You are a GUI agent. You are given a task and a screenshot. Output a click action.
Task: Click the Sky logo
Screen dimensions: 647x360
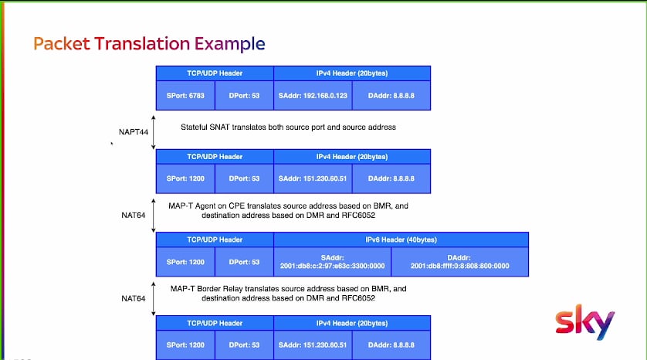pyautogui.click(x=584, y=322)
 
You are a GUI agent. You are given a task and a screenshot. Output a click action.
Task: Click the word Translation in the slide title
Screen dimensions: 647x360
pyautogui.click(x=142, y=43)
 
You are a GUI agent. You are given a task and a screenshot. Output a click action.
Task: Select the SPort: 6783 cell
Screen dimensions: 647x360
pyautogui.click(x=185, y=95)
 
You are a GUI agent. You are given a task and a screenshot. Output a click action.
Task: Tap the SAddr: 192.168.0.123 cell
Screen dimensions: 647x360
pyautogui.click(x=313, y=95)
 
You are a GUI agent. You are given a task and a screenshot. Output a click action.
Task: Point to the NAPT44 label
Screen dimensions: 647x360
pyautogui.click(x=134, y=132)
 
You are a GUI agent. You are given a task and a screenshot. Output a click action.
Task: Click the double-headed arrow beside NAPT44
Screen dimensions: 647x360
pyautogui.click(x=154, y=132)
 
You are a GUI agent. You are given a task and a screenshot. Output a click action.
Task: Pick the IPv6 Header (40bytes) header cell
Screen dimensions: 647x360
pyautogui.click(x=401, y=239)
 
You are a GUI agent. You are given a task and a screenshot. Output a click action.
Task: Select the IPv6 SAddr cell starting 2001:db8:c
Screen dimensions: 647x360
pyautogui.click(x=333, y=262)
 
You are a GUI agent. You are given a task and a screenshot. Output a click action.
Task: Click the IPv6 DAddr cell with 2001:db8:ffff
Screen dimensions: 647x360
pyautogui.click(x=459, y=262)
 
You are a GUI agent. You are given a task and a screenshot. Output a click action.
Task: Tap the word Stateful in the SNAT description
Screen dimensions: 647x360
pyautogui.click(x=194, y=127)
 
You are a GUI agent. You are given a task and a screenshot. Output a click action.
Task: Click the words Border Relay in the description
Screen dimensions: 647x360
pyautogui.click(x=219, y=289)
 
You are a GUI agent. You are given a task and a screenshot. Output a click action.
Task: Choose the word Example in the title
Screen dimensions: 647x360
pyautogui.click(x=230, y=44)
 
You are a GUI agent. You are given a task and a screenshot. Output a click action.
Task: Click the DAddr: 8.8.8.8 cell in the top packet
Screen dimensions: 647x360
pyautogui.click(x=391, y=95)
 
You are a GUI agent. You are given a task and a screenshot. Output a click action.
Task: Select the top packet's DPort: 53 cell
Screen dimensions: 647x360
pyautogui.click(x=244, y=95)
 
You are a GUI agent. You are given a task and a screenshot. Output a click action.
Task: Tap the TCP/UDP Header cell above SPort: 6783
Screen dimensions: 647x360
pyautogui.click(x=215, y=73)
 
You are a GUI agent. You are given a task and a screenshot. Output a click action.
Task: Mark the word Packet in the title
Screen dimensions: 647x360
pyautogui.click(x=62, y=43)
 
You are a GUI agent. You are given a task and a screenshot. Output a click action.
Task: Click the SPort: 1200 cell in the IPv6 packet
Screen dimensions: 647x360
pyautogui.click(x=185, y=262)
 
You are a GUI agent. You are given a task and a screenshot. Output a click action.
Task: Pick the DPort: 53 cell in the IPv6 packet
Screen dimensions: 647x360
pyautogui.click(x=244, y=262)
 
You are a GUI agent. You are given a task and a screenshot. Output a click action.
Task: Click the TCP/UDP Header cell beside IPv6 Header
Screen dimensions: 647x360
pyautogui.click(x=215, y=239)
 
